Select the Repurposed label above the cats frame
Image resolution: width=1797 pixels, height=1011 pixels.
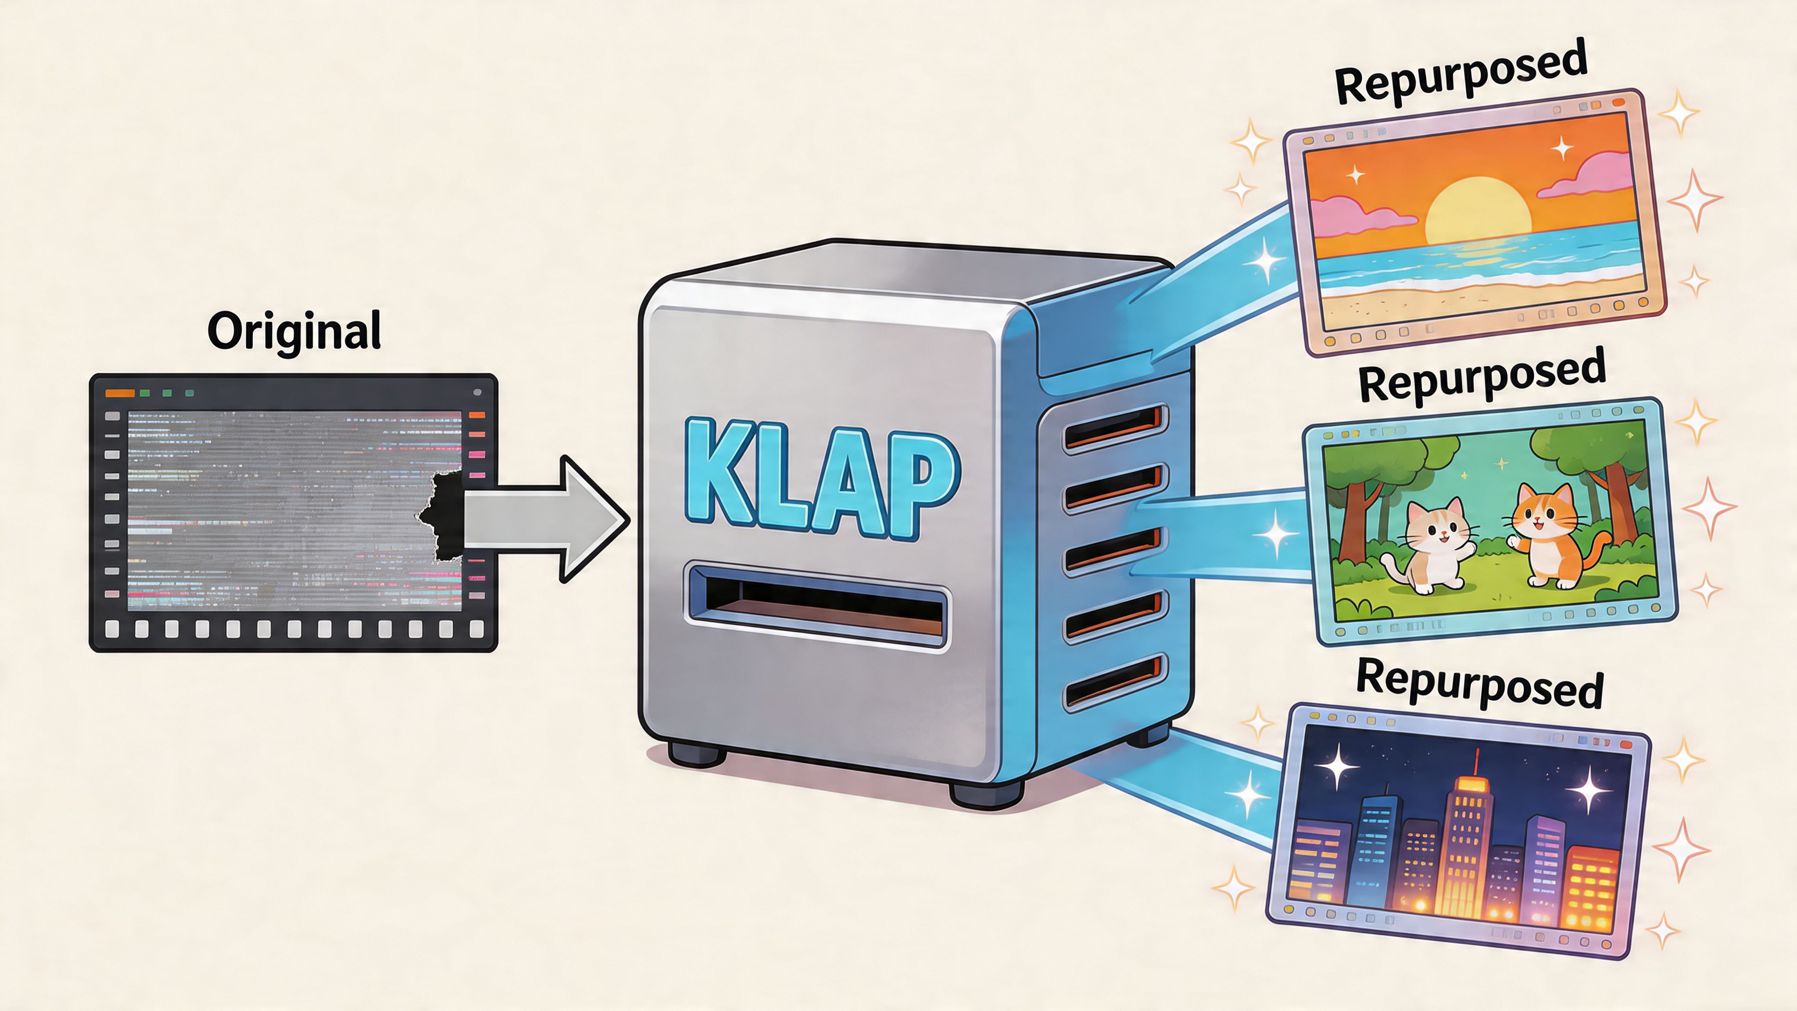coord(1482,377)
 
